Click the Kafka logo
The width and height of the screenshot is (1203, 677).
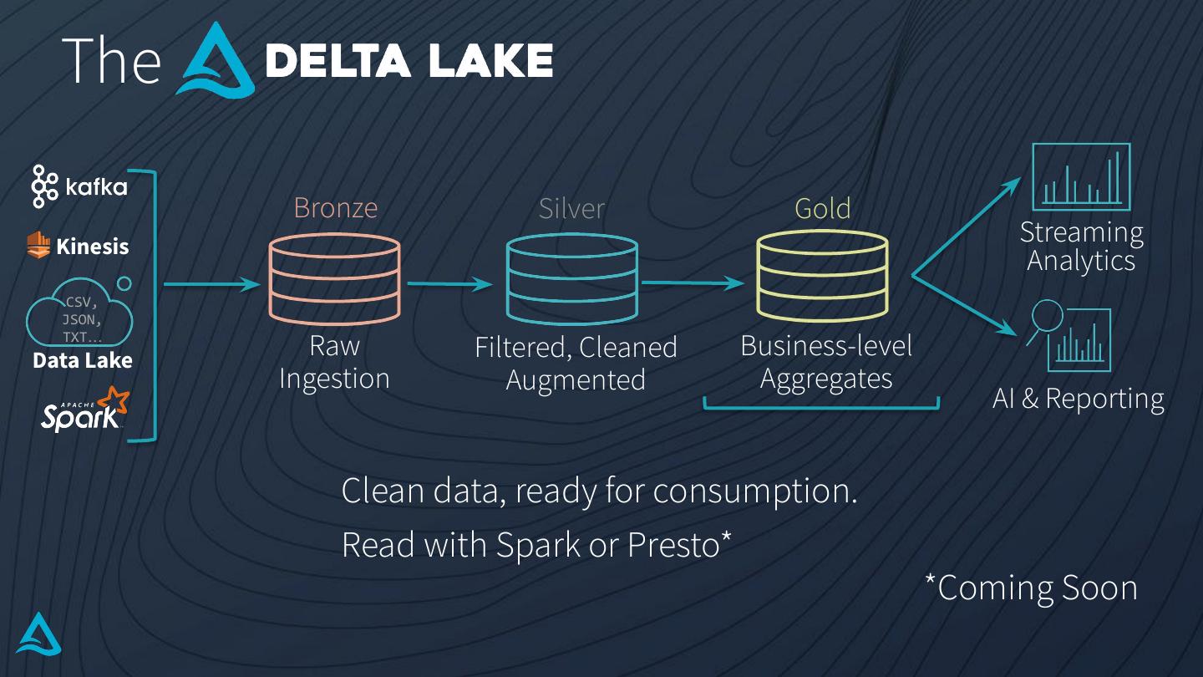[x=79, y=186]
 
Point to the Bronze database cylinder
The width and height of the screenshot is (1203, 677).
[x=334, y=279]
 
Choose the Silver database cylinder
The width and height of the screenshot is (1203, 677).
[x=572, y=279]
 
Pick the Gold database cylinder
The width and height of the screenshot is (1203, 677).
[x=822, y=277]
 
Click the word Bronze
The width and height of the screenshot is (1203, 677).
[x=335, y=207]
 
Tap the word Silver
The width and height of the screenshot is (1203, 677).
[x=571, y=208]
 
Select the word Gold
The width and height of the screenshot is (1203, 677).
[x=822, y=208]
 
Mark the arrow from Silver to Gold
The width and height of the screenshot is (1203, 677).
[x=693, y=283]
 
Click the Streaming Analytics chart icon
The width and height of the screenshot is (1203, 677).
[x=1081, y=176]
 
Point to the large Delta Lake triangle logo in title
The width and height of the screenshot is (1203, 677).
[x=218, y=58]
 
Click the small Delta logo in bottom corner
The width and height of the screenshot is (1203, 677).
[x=38, y=634]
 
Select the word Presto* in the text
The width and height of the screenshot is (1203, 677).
[x=679, y=545]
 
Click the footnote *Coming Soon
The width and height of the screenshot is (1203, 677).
[x=1031, y=588]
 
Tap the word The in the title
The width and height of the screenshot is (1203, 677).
[x=111, y=59]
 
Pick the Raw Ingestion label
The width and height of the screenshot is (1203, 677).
[x=334, y=362]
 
